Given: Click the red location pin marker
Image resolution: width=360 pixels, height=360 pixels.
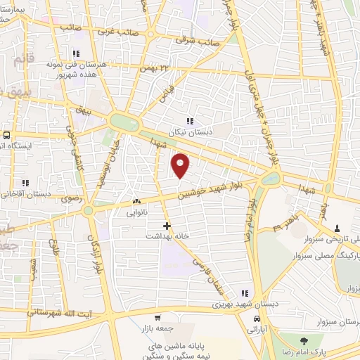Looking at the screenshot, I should (x=181, y=166).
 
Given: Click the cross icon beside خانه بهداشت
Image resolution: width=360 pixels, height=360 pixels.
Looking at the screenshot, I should (x=167, y=226).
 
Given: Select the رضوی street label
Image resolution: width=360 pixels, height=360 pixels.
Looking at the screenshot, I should (x=72, y=199).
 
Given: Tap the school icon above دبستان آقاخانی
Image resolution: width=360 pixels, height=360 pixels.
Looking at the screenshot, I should (x=25, y=184).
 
